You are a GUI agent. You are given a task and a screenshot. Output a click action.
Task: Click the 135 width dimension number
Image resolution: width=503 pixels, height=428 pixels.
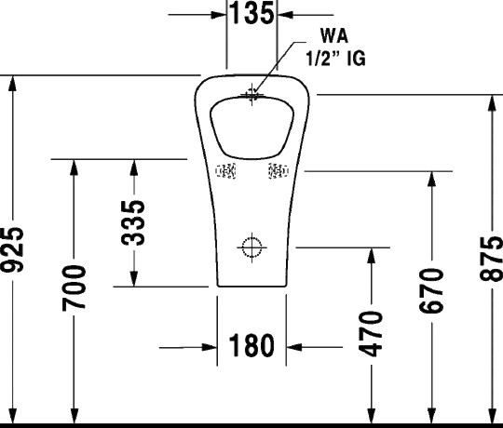pos(253,13)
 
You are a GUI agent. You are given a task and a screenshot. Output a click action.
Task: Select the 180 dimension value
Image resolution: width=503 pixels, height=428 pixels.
pos(251,347)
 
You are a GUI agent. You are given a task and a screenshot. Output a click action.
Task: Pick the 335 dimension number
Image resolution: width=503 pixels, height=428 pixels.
pos(135,221)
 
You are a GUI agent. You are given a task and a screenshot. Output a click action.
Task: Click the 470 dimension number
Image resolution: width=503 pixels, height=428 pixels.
pos(371,334)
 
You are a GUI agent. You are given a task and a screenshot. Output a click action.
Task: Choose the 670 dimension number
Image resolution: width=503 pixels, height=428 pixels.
pos(430,291)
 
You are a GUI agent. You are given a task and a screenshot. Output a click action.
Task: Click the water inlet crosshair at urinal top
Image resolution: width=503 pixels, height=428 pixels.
pos(252,93)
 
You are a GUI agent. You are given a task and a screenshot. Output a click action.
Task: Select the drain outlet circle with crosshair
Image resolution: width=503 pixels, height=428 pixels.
pos(251,247)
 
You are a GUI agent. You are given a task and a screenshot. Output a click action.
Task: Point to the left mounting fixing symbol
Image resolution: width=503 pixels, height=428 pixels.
pos(226,171)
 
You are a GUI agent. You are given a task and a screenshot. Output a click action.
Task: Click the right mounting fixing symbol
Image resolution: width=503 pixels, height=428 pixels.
pos(278,171)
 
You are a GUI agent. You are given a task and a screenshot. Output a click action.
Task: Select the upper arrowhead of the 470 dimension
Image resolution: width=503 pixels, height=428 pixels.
pos(371,255)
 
